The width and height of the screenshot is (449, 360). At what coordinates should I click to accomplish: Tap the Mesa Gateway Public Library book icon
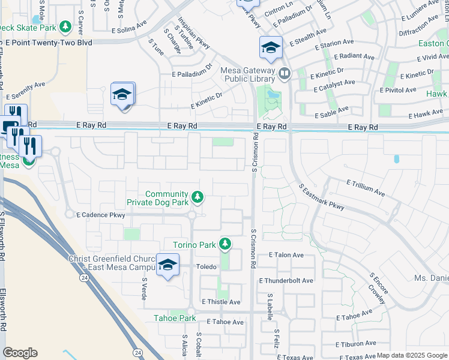[x=284, y=74]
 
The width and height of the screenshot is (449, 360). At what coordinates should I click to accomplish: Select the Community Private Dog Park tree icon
[x=197, y=196]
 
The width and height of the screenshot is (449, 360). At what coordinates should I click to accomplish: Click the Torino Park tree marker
[x=225, y=244]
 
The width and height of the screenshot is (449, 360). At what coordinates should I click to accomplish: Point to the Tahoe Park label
[x=175, y=318]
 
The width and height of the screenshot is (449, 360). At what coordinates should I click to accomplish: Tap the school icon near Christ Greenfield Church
[x=167, y=265]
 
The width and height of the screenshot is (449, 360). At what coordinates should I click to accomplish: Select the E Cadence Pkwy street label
[x=100, y=215]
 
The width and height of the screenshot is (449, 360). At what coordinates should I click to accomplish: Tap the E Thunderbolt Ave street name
[x=286, y=280]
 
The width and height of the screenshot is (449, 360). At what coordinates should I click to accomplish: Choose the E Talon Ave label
[x=286, y=255]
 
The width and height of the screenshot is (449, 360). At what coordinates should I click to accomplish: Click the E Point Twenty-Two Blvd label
[x=49, y=43]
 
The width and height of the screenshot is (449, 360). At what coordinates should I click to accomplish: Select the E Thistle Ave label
[x=221, y=302]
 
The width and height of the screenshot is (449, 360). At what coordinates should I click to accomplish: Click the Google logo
[x=20, y=353]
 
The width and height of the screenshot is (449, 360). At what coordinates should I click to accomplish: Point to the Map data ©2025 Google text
[x=411, y=355]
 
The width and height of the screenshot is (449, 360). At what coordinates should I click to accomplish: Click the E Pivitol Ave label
[x=398, y=90]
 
